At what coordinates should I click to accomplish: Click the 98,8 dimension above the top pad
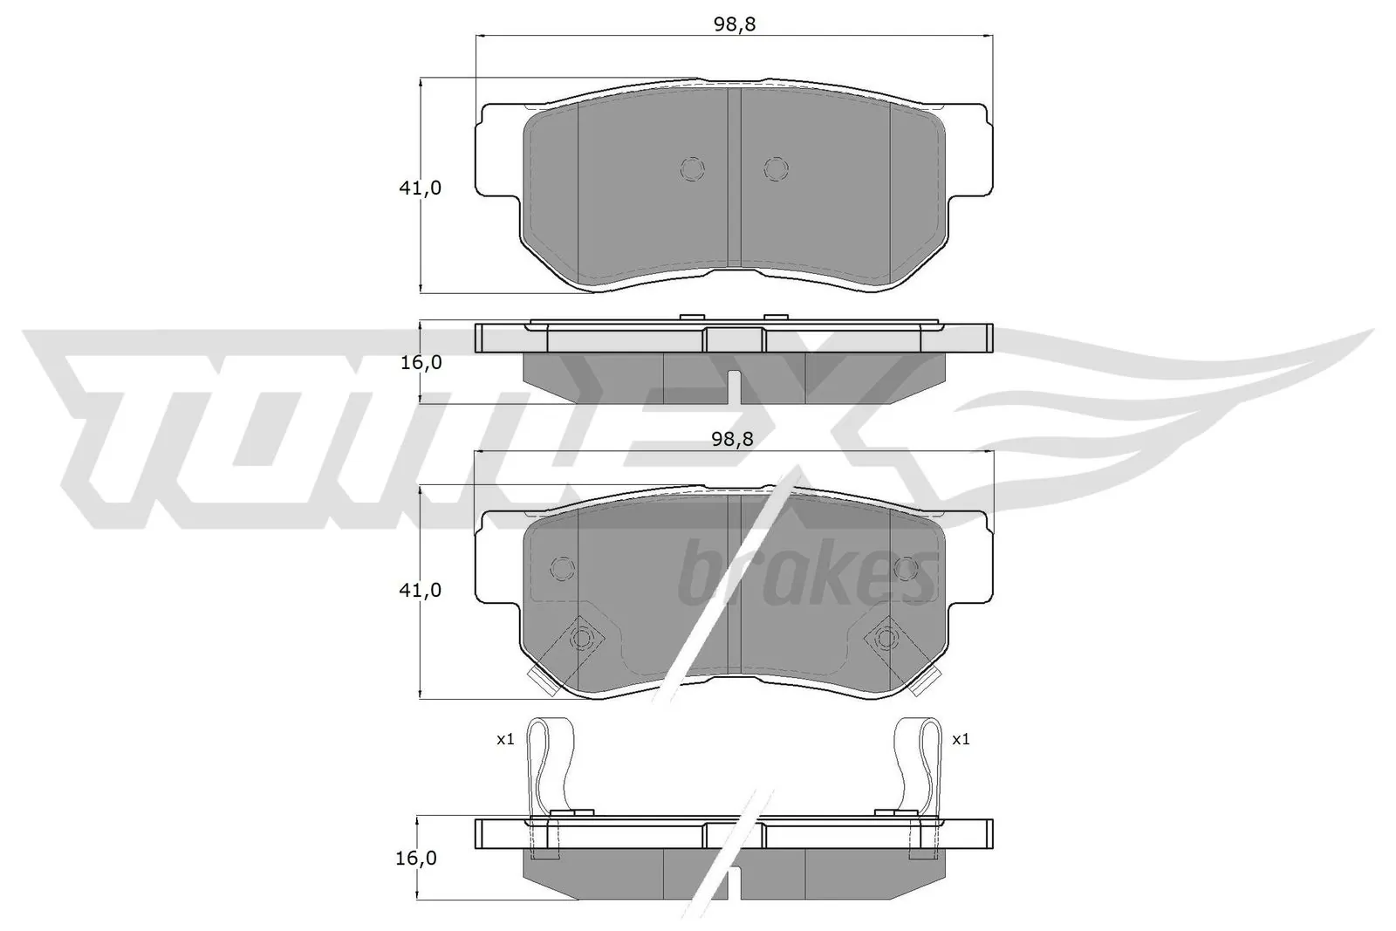point(734,24)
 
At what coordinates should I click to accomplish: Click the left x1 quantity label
point(505,739)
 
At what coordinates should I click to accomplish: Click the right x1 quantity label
point(960,739)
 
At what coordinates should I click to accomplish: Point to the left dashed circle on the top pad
point(692,168)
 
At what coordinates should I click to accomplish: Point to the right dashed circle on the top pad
point(775,168)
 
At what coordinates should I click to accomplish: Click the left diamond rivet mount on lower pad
point(579,639)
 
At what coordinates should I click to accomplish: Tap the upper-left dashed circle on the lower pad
point(564,569)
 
